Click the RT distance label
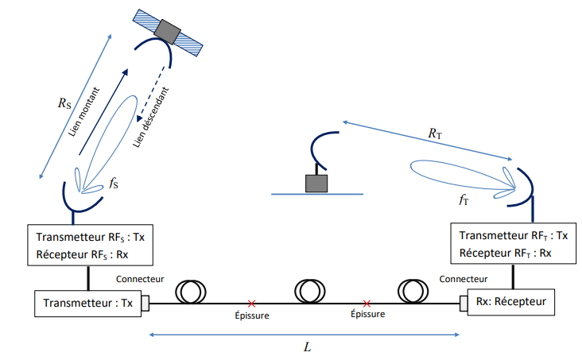coord(434,135)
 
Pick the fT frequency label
coord(464,200)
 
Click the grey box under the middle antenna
coord(317,183)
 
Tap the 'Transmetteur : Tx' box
coord(87,303)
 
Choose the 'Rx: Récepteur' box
coord(509,303)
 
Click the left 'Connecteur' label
coord(140,279)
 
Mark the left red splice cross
coord(251,303)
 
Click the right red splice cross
coord(366,303)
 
